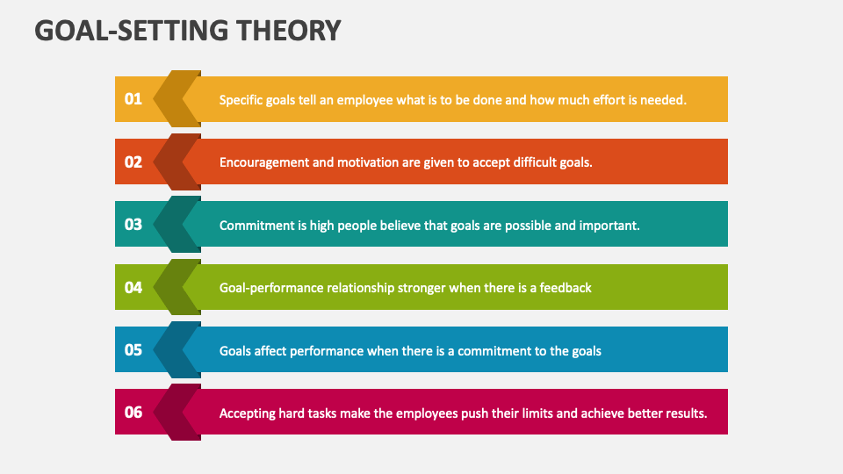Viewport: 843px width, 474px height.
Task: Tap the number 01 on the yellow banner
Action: coord(133,99)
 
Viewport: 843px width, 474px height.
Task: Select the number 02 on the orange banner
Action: coord(133,162)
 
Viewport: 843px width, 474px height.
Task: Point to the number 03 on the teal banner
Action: coord(133,225)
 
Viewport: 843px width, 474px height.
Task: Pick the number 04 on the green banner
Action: coord(133,287)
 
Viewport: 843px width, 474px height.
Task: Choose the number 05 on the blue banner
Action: coord(133,349)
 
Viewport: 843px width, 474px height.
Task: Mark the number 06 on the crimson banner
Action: coord(133,413)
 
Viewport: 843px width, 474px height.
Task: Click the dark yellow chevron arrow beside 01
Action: coord(176,99)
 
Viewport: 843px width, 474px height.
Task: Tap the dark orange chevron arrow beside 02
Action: coord(176,162)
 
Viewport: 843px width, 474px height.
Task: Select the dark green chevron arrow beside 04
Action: coord(176,287)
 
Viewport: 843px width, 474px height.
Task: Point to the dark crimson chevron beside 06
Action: coord(176,413)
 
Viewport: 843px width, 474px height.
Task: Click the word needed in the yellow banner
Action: coord(662,100)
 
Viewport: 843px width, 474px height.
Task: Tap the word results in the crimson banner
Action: coord(684,413)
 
